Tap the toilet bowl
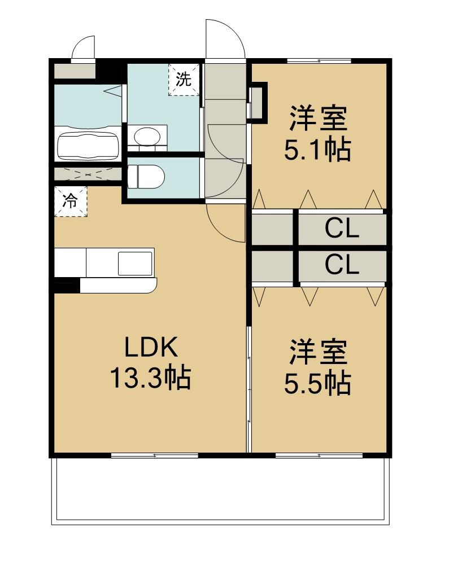(x=146, y=177)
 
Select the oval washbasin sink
(x=147, y=136)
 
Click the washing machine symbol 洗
(x=184, y=79)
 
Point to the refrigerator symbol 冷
(x=70, y=201)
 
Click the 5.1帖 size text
(x=317, y=150)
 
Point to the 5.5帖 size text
(x=317, y=383)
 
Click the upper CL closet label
(x=342, y=229)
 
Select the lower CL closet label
(x=342, y=265)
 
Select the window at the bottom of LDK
(x=155, y=455)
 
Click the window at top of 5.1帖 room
(x=319, y=61)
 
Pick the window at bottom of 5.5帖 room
(x=319, y=455)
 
